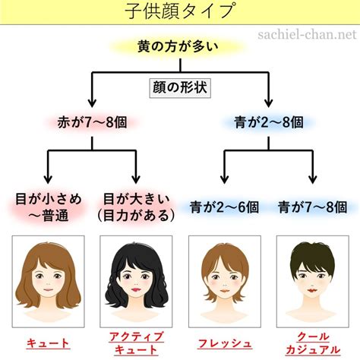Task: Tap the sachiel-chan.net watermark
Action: tap(308, 34)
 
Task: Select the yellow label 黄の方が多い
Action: tap(178, 47)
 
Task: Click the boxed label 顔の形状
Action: tap(180, 88)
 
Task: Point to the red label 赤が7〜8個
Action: tap(92, 122)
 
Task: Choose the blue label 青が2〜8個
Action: tap(269, 122)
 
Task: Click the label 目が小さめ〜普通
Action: tap(49, 207)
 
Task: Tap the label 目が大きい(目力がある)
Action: tap(136, 207)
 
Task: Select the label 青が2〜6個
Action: tap(224, 207)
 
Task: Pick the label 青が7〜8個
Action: tap(312, 207)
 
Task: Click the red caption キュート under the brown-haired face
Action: tap(48, 343)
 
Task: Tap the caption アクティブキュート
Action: tap(136, 343)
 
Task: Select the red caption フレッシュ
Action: tap(225, 343)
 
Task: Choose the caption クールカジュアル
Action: tap(313, 343)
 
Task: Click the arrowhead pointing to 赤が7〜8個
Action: tap(92, 103)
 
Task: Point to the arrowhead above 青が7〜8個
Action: tap(313, 179)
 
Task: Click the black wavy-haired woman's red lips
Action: tap(136, 289)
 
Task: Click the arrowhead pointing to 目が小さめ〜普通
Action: tap(48, 179)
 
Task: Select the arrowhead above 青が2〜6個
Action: tap(224, 179)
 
